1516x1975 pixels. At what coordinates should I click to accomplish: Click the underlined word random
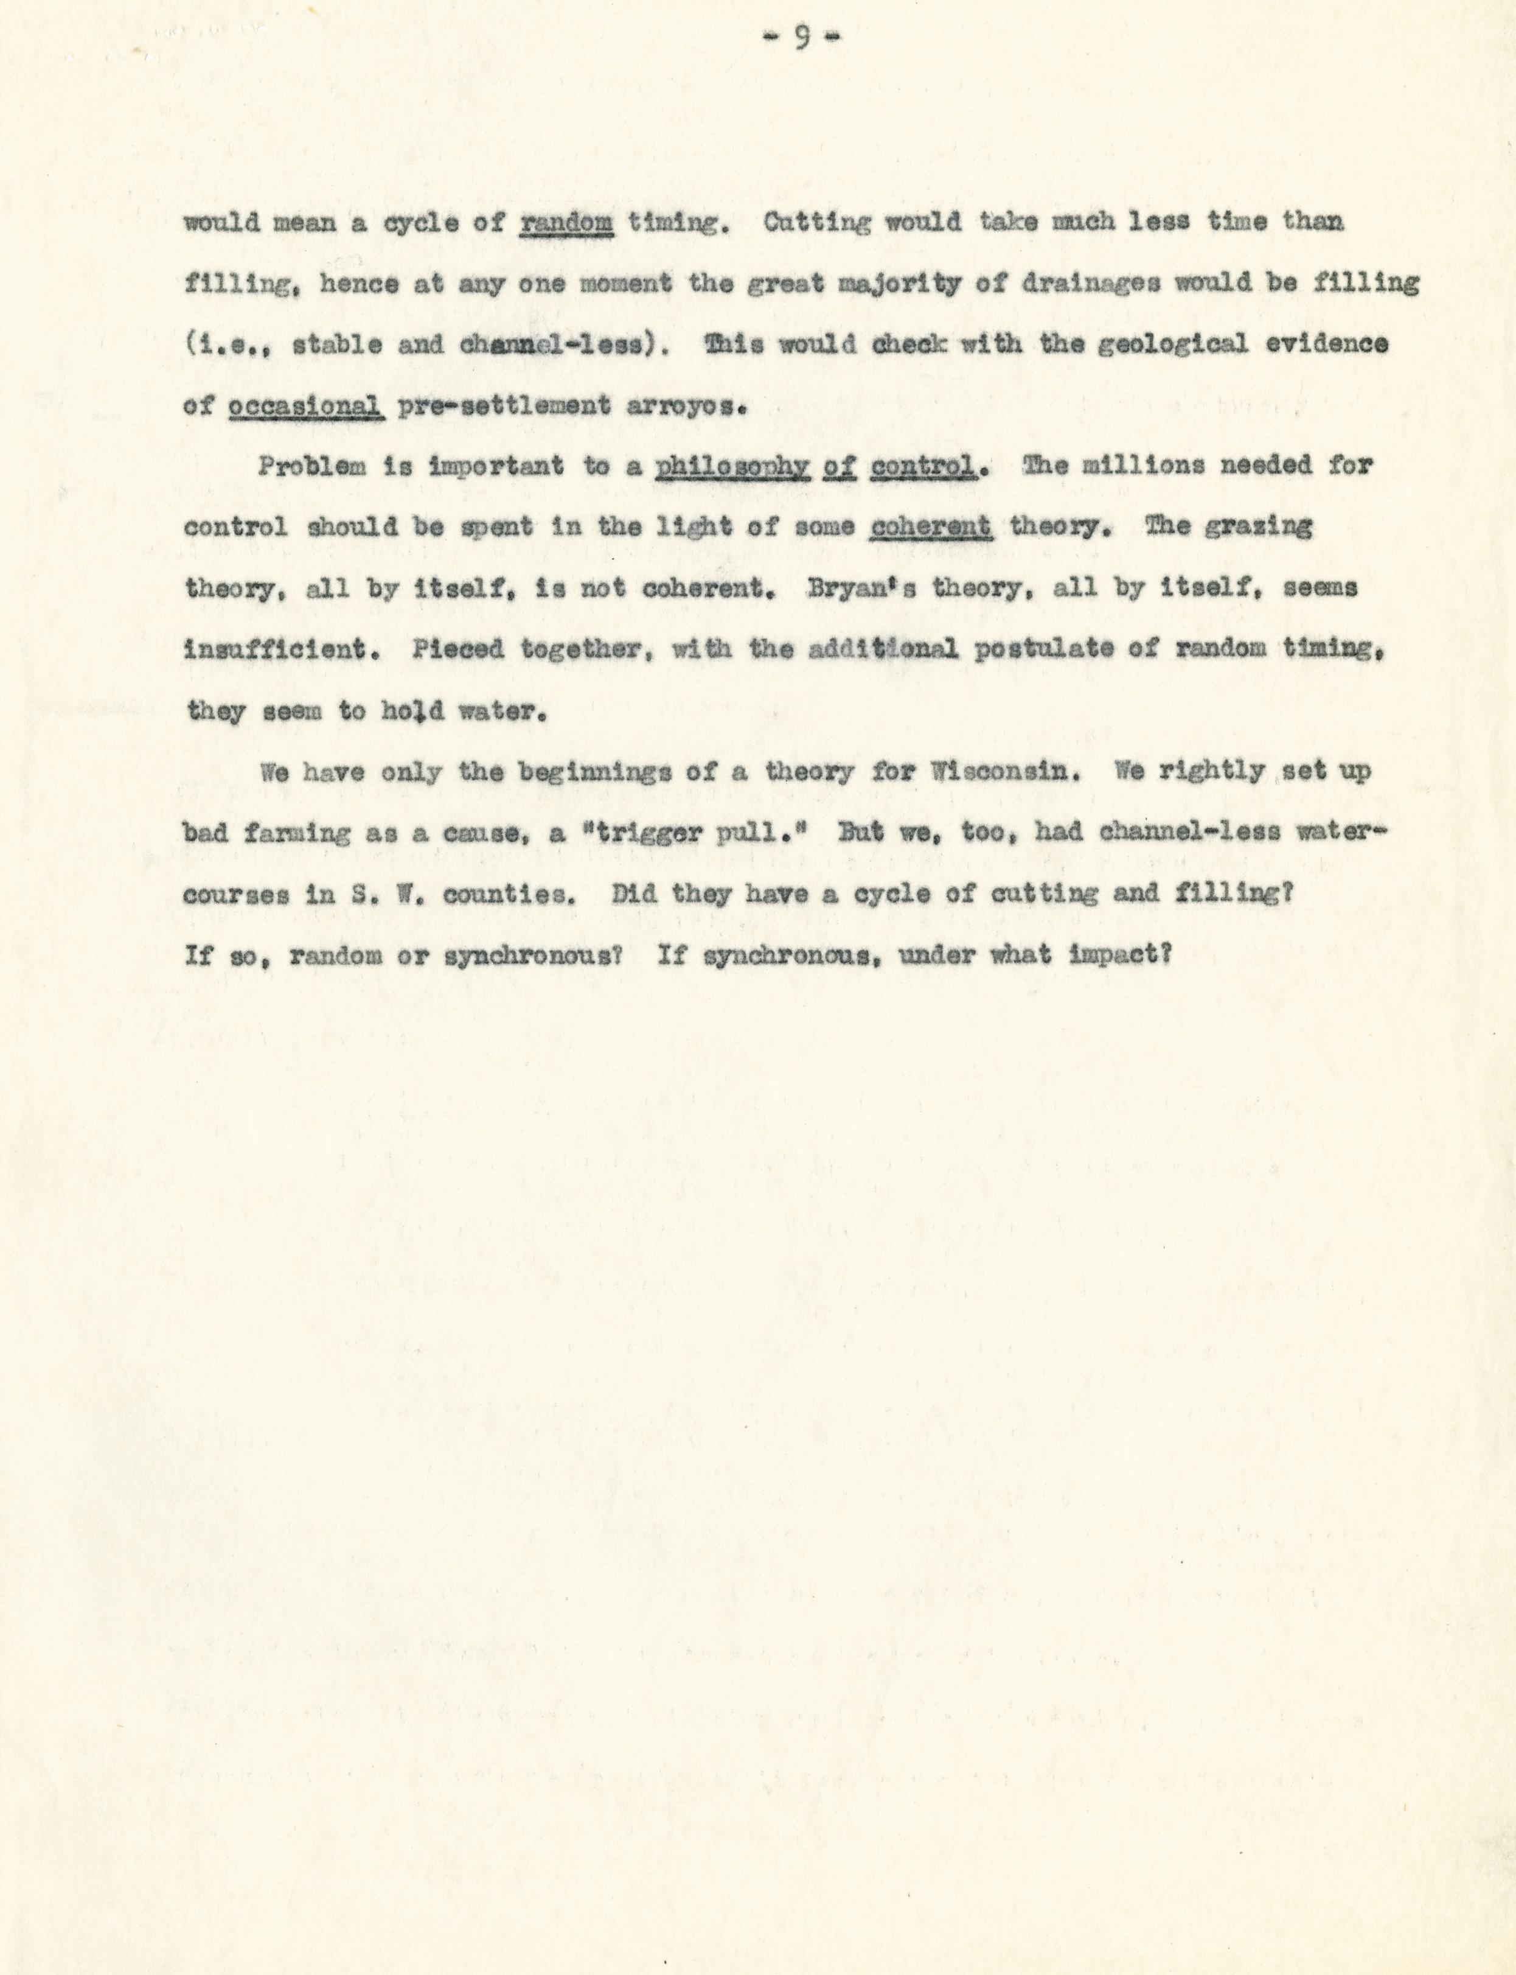pyautogui.click(x=568, y=222)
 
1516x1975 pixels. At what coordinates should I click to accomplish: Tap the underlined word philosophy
pyautogui.click(x=731, y=467)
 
